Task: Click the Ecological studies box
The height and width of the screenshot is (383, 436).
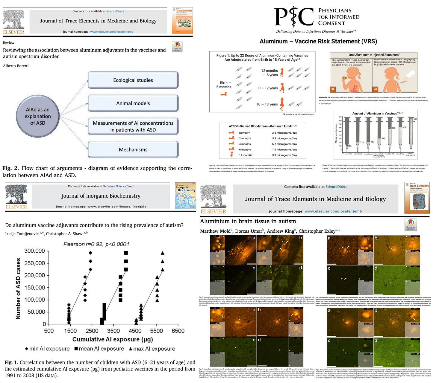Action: (x=133, y=80)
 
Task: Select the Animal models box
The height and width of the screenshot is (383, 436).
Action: (x=133, y=103)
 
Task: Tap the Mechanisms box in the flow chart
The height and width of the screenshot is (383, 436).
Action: (x=133, y=149)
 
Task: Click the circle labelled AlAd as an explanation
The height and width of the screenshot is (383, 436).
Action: (x=38, y=116)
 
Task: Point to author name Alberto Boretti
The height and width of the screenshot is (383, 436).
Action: (x=16, y=66)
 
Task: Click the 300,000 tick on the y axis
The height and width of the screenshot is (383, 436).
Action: (x=34, y=251)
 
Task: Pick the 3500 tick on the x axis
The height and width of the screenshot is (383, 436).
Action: (x=113, y=331)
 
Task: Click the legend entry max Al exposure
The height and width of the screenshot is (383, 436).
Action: (x=152, y=349)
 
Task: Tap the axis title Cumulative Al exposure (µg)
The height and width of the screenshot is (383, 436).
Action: (x=113, y=339)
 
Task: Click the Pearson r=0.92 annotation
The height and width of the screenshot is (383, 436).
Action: (x=96, y=244)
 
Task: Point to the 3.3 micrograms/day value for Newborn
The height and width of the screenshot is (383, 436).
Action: (x=284, y=133)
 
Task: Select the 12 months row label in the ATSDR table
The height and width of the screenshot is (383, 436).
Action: (x=246, y=155)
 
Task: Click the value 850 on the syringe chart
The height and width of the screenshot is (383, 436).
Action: (x=415, y=119)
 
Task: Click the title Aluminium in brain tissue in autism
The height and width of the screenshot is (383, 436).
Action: (x=248, y=221)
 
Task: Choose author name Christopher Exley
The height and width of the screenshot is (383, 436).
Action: (x=318, y=231)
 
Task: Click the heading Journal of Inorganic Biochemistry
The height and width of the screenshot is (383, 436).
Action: (x=101, y=196)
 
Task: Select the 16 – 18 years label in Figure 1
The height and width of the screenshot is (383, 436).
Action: (x=267, y=104)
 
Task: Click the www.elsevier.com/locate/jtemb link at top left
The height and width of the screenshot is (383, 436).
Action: (x=112, y=32)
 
